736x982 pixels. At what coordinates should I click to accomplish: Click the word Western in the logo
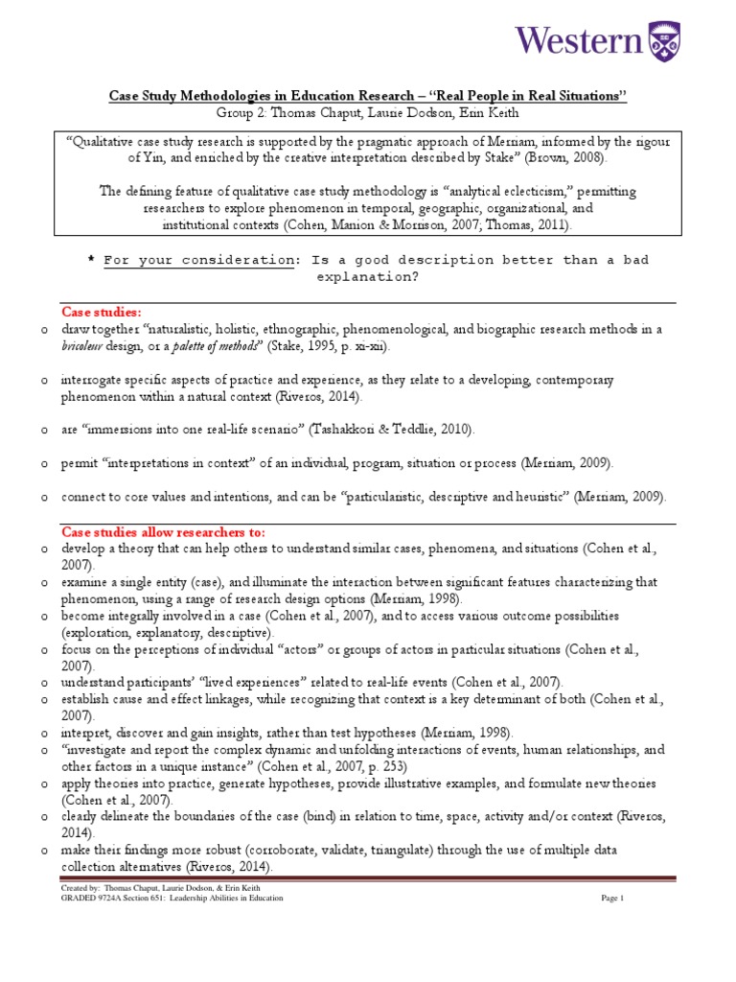coord(579,40)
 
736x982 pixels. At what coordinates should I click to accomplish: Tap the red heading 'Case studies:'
coord(102,312)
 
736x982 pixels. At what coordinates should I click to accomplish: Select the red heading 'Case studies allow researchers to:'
coord(163,531)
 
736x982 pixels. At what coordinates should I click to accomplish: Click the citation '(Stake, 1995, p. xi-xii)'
coord(329,345)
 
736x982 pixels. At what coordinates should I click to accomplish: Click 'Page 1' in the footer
coord(611,899)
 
